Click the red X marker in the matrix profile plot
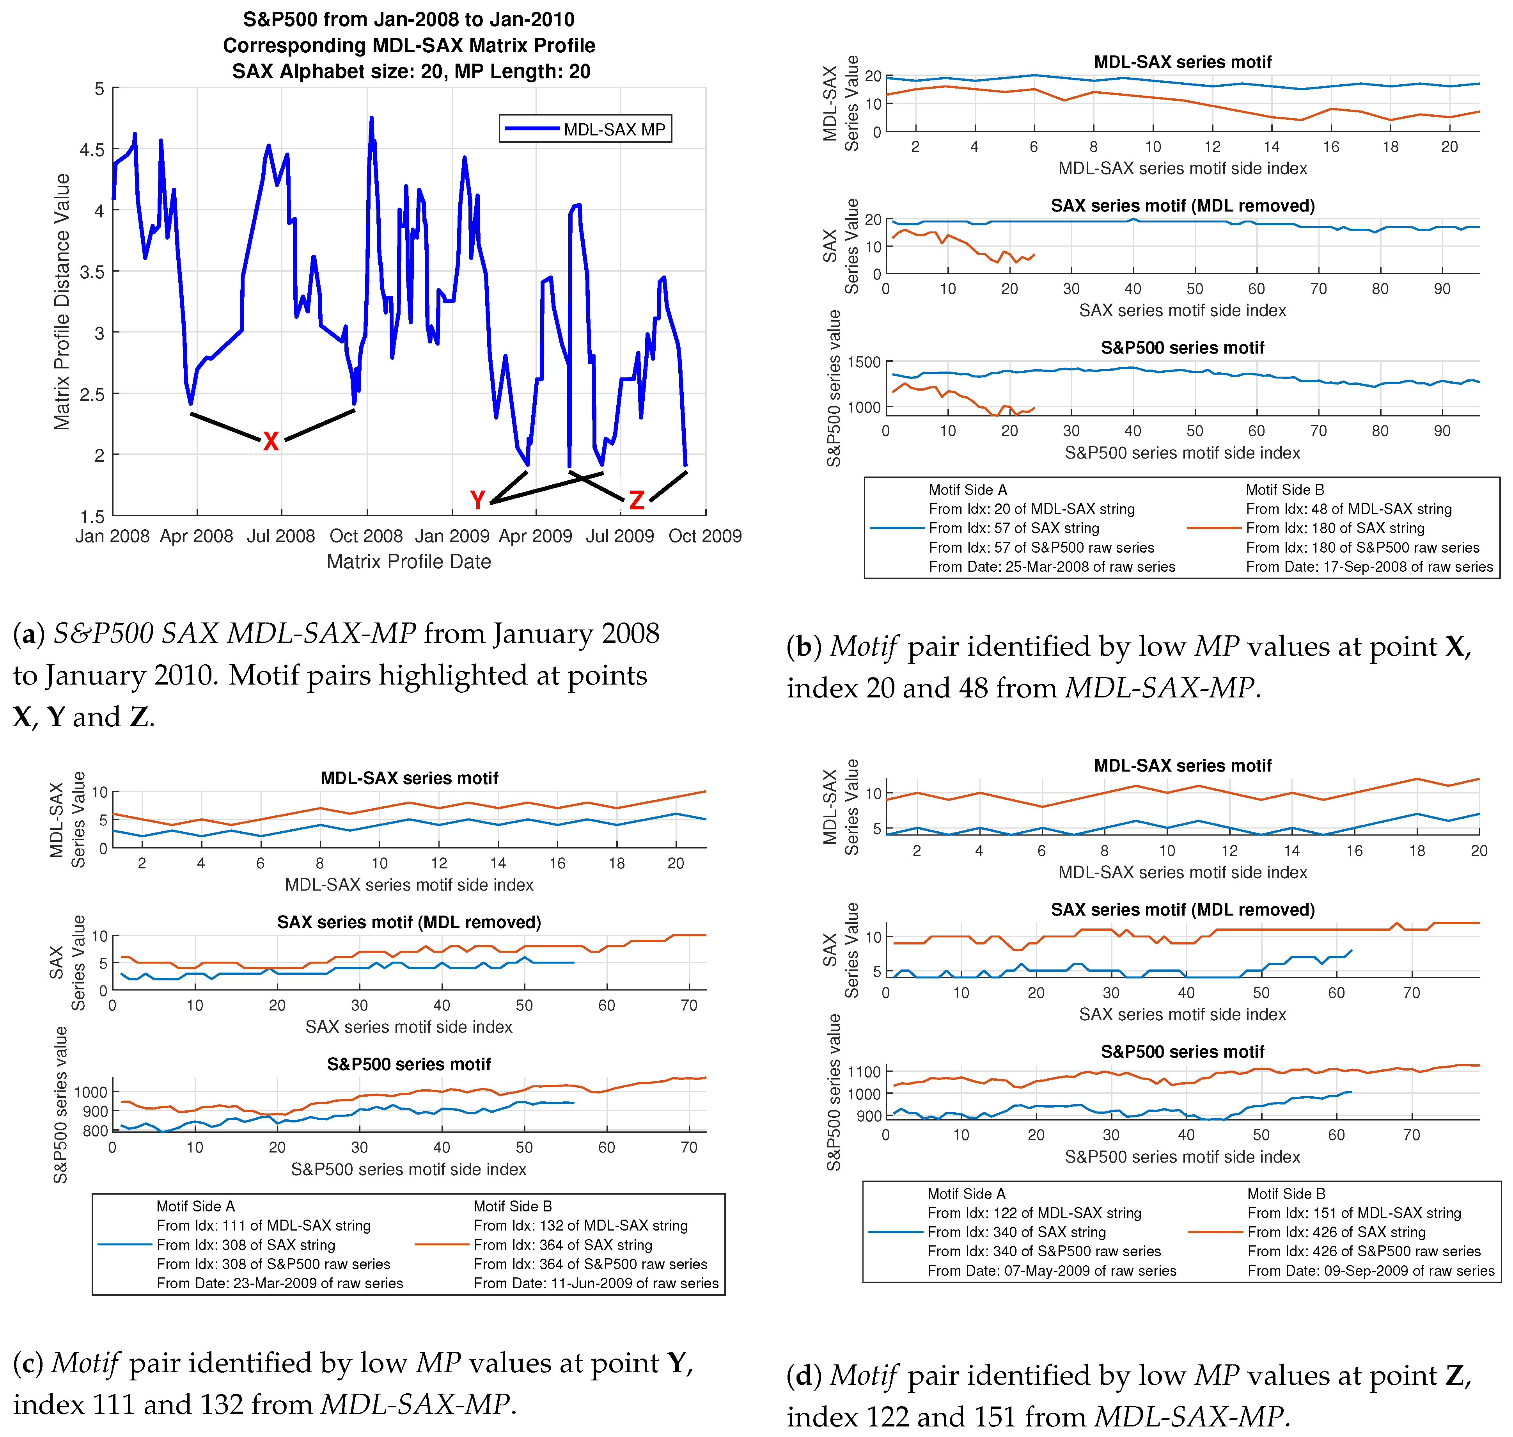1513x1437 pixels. (270, 441)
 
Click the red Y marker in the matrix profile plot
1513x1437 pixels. (478, 500)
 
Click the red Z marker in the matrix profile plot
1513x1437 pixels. (636, 500)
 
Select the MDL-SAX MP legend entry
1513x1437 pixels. (586, 129)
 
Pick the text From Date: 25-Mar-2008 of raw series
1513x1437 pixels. (1051, 567)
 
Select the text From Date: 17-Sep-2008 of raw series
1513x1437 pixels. (1369, 567)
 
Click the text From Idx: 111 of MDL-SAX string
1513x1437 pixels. (263, 1225)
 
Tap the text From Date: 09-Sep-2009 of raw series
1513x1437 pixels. (1371, 1271)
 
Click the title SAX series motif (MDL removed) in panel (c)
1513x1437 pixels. (409, 922)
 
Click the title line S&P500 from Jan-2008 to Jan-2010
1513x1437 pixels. (409, 19)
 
